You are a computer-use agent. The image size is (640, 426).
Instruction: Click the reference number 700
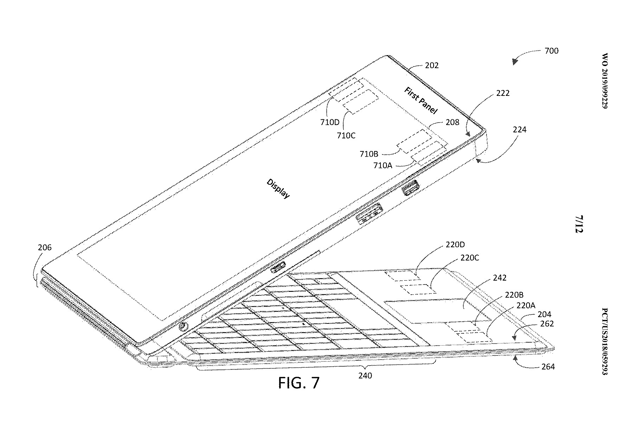tap(551, 51)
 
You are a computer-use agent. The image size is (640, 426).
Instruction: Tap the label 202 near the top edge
tap(432, 65)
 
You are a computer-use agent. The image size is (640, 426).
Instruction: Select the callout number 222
tap(503, 93)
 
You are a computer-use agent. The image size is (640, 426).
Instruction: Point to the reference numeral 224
tap(519, 130)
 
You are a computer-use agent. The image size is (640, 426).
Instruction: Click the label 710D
tap(329, 123)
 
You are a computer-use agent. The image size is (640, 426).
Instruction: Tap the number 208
tap(452, 122)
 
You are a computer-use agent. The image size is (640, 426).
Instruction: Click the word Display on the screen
tap(278, 189)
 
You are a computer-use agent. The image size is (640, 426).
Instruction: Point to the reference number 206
tap(45, 248)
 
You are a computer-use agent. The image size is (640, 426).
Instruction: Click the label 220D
tap(455, 245)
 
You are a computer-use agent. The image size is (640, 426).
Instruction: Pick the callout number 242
tap(500, 278)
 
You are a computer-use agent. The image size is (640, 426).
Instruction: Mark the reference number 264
tap(548, 367)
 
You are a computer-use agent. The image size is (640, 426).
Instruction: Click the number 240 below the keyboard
tap(365, 376)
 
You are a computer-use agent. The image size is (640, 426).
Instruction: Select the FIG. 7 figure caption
tap(299, 382)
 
